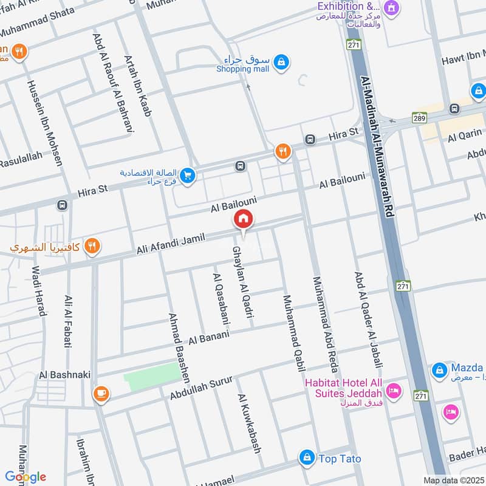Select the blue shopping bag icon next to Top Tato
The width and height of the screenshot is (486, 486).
(x=307, y=457)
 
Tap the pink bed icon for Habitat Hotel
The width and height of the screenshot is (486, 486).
(x=393, y=391)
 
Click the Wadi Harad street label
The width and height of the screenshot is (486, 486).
(x=38, y=291)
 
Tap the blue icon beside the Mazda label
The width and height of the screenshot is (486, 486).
(x=439, y=369)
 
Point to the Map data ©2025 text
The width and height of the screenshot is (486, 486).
(x=453, y=480)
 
